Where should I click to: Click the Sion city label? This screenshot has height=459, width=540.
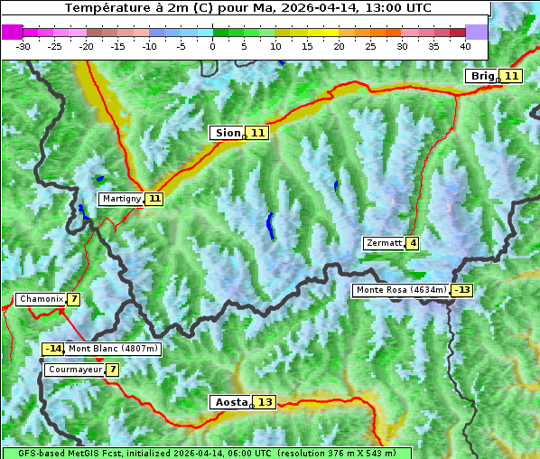pyautogui.click(x=227, y=133)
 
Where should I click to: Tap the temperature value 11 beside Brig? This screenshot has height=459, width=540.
pyautogui.click(x=511, y=76)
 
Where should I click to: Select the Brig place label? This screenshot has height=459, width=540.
pyautogui.click(x=482, y=76)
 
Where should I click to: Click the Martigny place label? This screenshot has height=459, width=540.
pyautogui.click(x=120, y=198)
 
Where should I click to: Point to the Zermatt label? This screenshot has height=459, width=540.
pyautogui.click(x=384, y=243)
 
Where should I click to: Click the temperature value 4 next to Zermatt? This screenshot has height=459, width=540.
pyautogui.click(x=413, y=243)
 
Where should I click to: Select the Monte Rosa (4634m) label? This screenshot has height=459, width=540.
pyautogui.click(x=401, y=290)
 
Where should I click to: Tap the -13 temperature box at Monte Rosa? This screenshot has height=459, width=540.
pyautogui.click(x=462, y=290)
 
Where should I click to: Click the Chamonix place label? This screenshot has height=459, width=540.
pyautogui.click(x=41, y=299)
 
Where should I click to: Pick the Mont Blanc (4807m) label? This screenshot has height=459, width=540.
pyautogui.click(x=113, y=349)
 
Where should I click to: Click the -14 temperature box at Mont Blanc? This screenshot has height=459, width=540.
pyautogui.click(x=53, y=349)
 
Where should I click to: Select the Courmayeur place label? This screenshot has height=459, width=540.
pyautogui.click(x=74, y=370)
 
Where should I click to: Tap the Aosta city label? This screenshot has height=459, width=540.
pyautogui.click(x=229, y=402)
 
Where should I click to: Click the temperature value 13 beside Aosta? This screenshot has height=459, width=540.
pyautogui.click(x=264, y=402)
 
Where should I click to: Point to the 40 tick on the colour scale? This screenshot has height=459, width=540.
pyautogui.click(x=465, y=45)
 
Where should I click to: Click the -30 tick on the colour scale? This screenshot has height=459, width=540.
pyautogui.click(x=23, y=45)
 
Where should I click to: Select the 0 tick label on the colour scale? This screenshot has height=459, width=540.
pyautogui.click(x=213, y=45)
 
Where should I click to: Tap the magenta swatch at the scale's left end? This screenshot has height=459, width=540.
pyautogui.click(x=12, y=32)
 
